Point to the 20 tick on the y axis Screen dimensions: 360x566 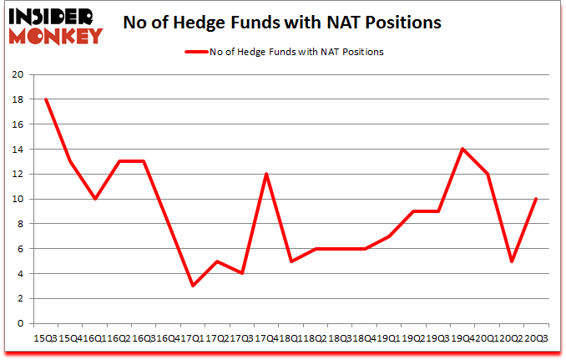(x=18, y=74)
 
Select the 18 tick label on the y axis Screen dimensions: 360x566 (x=18, y=99)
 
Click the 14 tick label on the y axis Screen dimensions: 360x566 (x=18, y=150)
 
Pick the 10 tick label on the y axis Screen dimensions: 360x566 (x=18, y=199)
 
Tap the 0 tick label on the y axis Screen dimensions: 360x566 (x=21, y=324)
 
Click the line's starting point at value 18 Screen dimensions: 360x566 (x=45, y=99)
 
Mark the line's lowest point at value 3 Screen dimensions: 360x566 (x=193, y=286)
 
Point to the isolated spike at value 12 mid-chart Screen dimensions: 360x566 (x=266, y=174)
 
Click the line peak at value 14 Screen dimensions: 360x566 (x=462, y=149)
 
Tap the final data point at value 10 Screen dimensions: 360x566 (x=535, y=199)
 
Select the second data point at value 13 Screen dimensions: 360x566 (x=70, y=161)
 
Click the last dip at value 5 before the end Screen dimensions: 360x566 (x=511, y=261)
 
